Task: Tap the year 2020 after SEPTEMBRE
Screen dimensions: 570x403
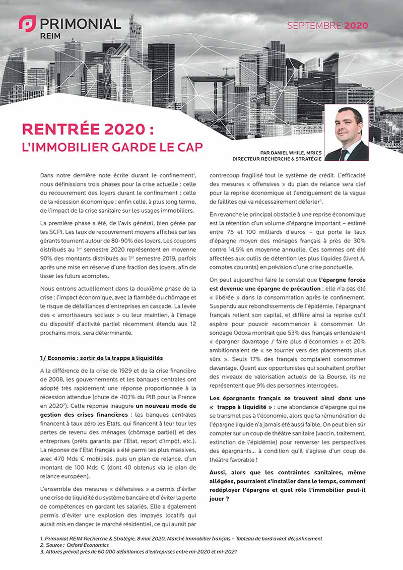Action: [x=356, y=25]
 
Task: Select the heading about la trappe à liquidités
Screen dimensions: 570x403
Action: [x=101, y=358]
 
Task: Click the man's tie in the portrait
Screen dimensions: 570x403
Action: [x=343, y=153]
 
